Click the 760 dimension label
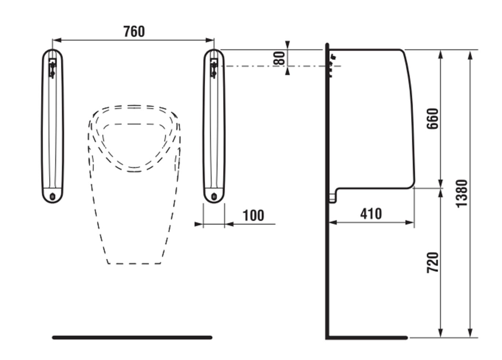[x=134, y=31]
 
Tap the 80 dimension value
[x=279, y=58]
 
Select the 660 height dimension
[x=432, y=119]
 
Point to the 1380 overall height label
[x=462, y=194]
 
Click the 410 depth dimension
[x=371, y=214]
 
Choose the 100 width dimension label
[x=254, y=215]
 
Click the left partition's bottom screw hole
[x=52, y=197]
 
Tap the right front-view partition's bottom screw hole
[x=214, y=197]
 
